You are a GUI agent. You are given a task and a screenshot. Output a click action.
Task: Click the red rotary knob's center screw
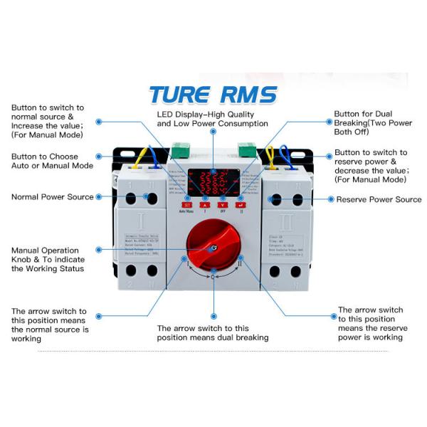(x=213, y=248)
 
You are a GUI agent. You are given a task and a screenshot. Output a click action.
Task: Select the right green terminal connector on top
(x=246, y=151)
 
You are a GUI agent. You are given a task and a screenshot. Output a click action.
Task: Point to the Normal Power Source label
(x=52, y=196)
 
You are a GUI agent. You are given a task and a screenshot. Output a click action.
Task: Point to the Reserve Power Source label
(x=379, y=200)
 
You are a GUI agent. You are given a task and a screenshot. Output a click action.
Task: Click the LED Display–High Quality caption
(x=212, y=119)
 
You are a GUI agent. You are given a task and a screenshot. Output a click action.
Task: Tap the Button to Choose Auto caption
(x=51, y=161)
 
